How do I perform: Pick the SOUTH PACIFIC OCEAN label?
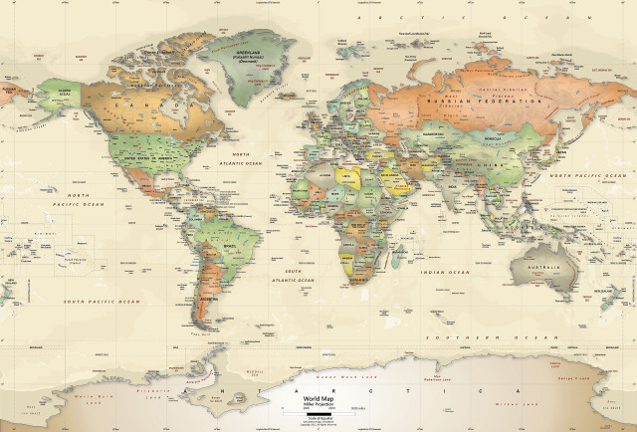(103, 301)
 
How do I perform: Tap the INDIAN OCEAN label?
(444, 272)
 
